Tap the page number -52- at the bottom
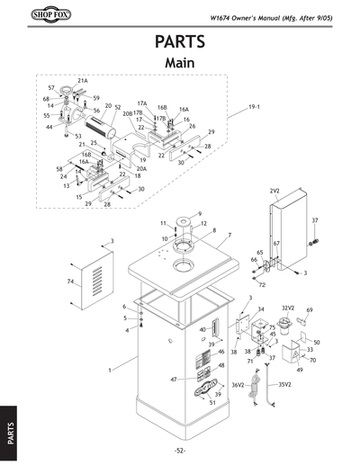(x=179, y=450)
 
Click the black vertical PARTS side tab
(x=9, y=424)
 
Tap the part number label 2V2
(x=274, y=192)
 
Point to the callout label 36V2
(x=239, y=385)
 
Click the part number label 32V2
(x=289, y=309)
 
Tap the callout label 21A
(x=82, y=80)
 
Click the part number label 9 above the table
(x=199, y=210)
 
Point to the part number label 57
(x=51, y=88)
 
